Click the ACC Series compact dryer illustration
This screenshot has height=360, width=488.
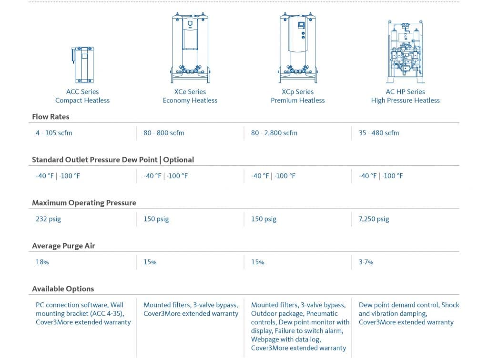click(82, 65)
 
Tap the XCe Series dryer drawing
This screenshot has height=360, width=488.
click(190, 48)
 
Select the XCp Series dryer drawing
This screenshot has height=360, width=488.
click(298, 48)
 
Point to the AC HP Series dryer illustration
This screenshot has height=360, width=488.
click(406, 52)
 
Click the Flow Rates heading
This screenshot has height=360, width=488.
click(51, 117)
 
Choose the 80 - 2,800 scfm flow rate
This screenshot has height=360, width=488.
click(274, 133)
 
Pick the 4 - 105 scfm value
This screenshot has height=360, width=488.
click(54, 133)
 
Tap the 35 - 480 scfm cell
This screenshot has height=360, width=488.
click(379, 133)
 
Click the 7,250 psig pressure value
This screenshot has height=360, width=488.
click(374, 219)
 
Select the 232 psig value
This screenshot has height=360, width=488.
click(48, 219)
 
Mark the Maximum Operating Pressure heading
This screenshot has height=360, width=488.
click(84, 203)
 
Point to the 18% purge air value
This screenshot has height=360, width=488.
click(42, 262)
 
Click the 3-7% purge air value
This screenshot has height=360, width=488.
click(366, 262)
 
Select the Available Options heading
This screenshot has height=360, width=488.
click(63, 289)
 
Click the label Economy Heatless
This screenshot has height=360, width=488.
click(190, 100)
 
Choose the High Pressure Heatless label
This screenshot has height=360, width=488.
click(406, 100)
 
